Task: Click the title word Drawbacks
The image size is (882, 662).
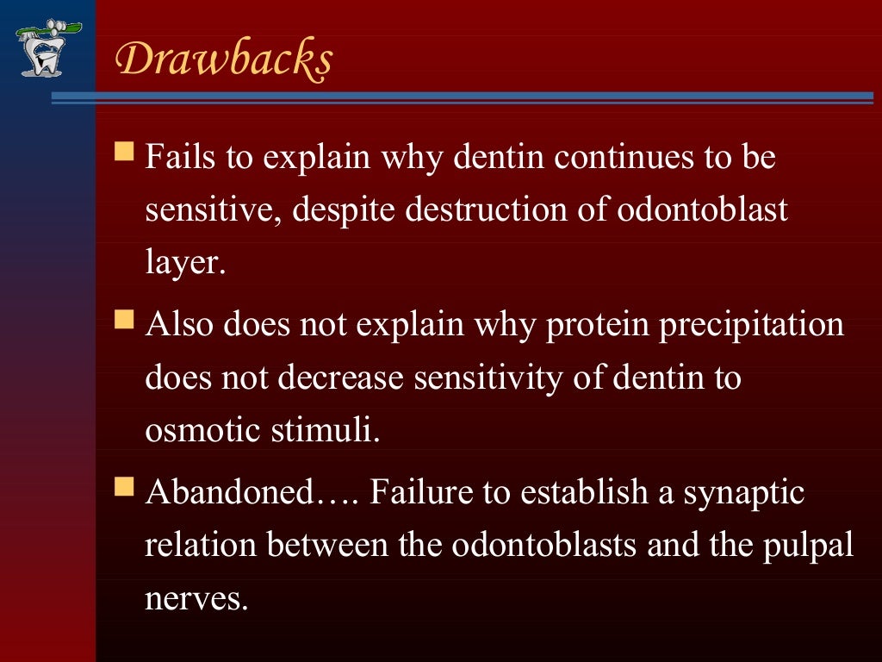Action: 224,60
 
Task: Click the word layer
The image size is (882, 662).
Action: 184,264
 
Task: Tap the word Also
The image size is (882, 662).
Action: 180,325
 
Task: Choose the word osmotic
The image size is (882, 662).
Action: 203,430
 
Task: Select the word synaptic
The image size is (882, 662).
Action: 745,492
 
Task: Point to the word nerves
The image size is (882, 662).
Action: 196,597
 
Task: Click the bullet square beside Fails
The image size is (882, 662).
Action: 125,155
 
